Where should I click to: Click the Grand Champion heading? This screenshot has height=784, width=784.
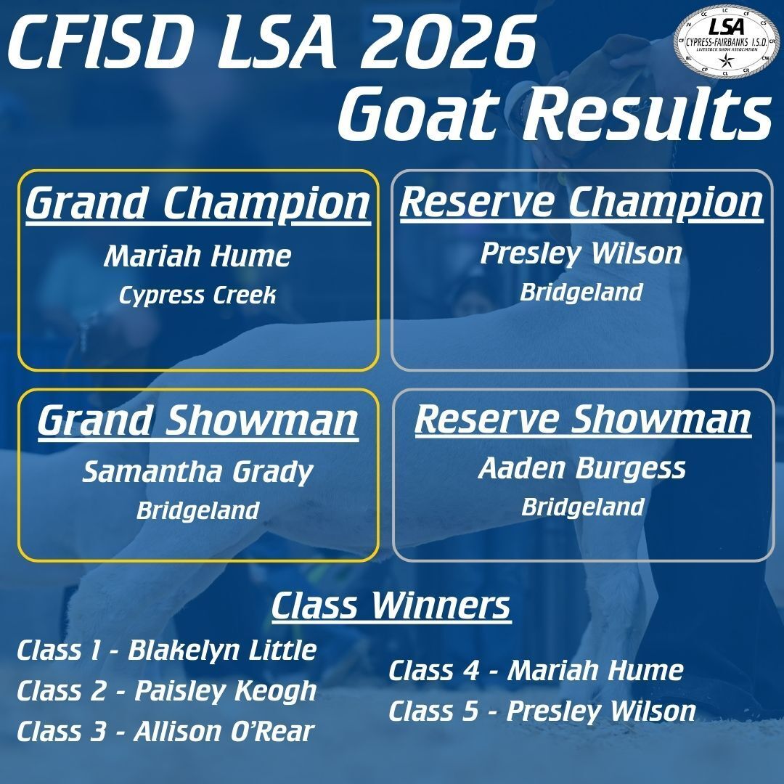point(197,204)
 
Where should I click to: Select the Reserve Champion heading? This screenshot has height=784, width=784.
point(581,202)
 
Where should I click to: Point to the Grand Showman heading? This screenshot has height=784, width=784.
point(197,421)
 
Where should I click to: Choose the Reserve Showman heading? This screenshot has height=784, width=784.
point(582,420)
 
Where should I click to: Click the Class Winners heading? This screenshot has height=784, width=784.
point(391,607)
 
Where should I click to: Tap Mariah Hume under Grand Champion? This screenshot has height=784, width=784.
point(197,256)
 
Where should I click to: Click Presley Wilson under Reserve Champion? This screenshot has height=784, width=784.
point(581,253)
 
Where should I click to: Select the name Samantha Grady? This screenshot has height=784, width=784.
point(197,473)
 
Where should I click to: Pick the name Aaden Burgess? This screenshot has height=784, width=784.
point(582,469)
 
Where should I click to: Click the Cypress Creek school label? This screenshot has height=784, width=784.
point(197,296)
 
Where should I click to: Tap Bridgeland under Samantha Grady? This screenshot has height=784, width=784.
point(197,510)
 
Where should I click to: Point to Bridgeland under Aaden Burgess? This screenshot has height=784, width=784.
point(582,506)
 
